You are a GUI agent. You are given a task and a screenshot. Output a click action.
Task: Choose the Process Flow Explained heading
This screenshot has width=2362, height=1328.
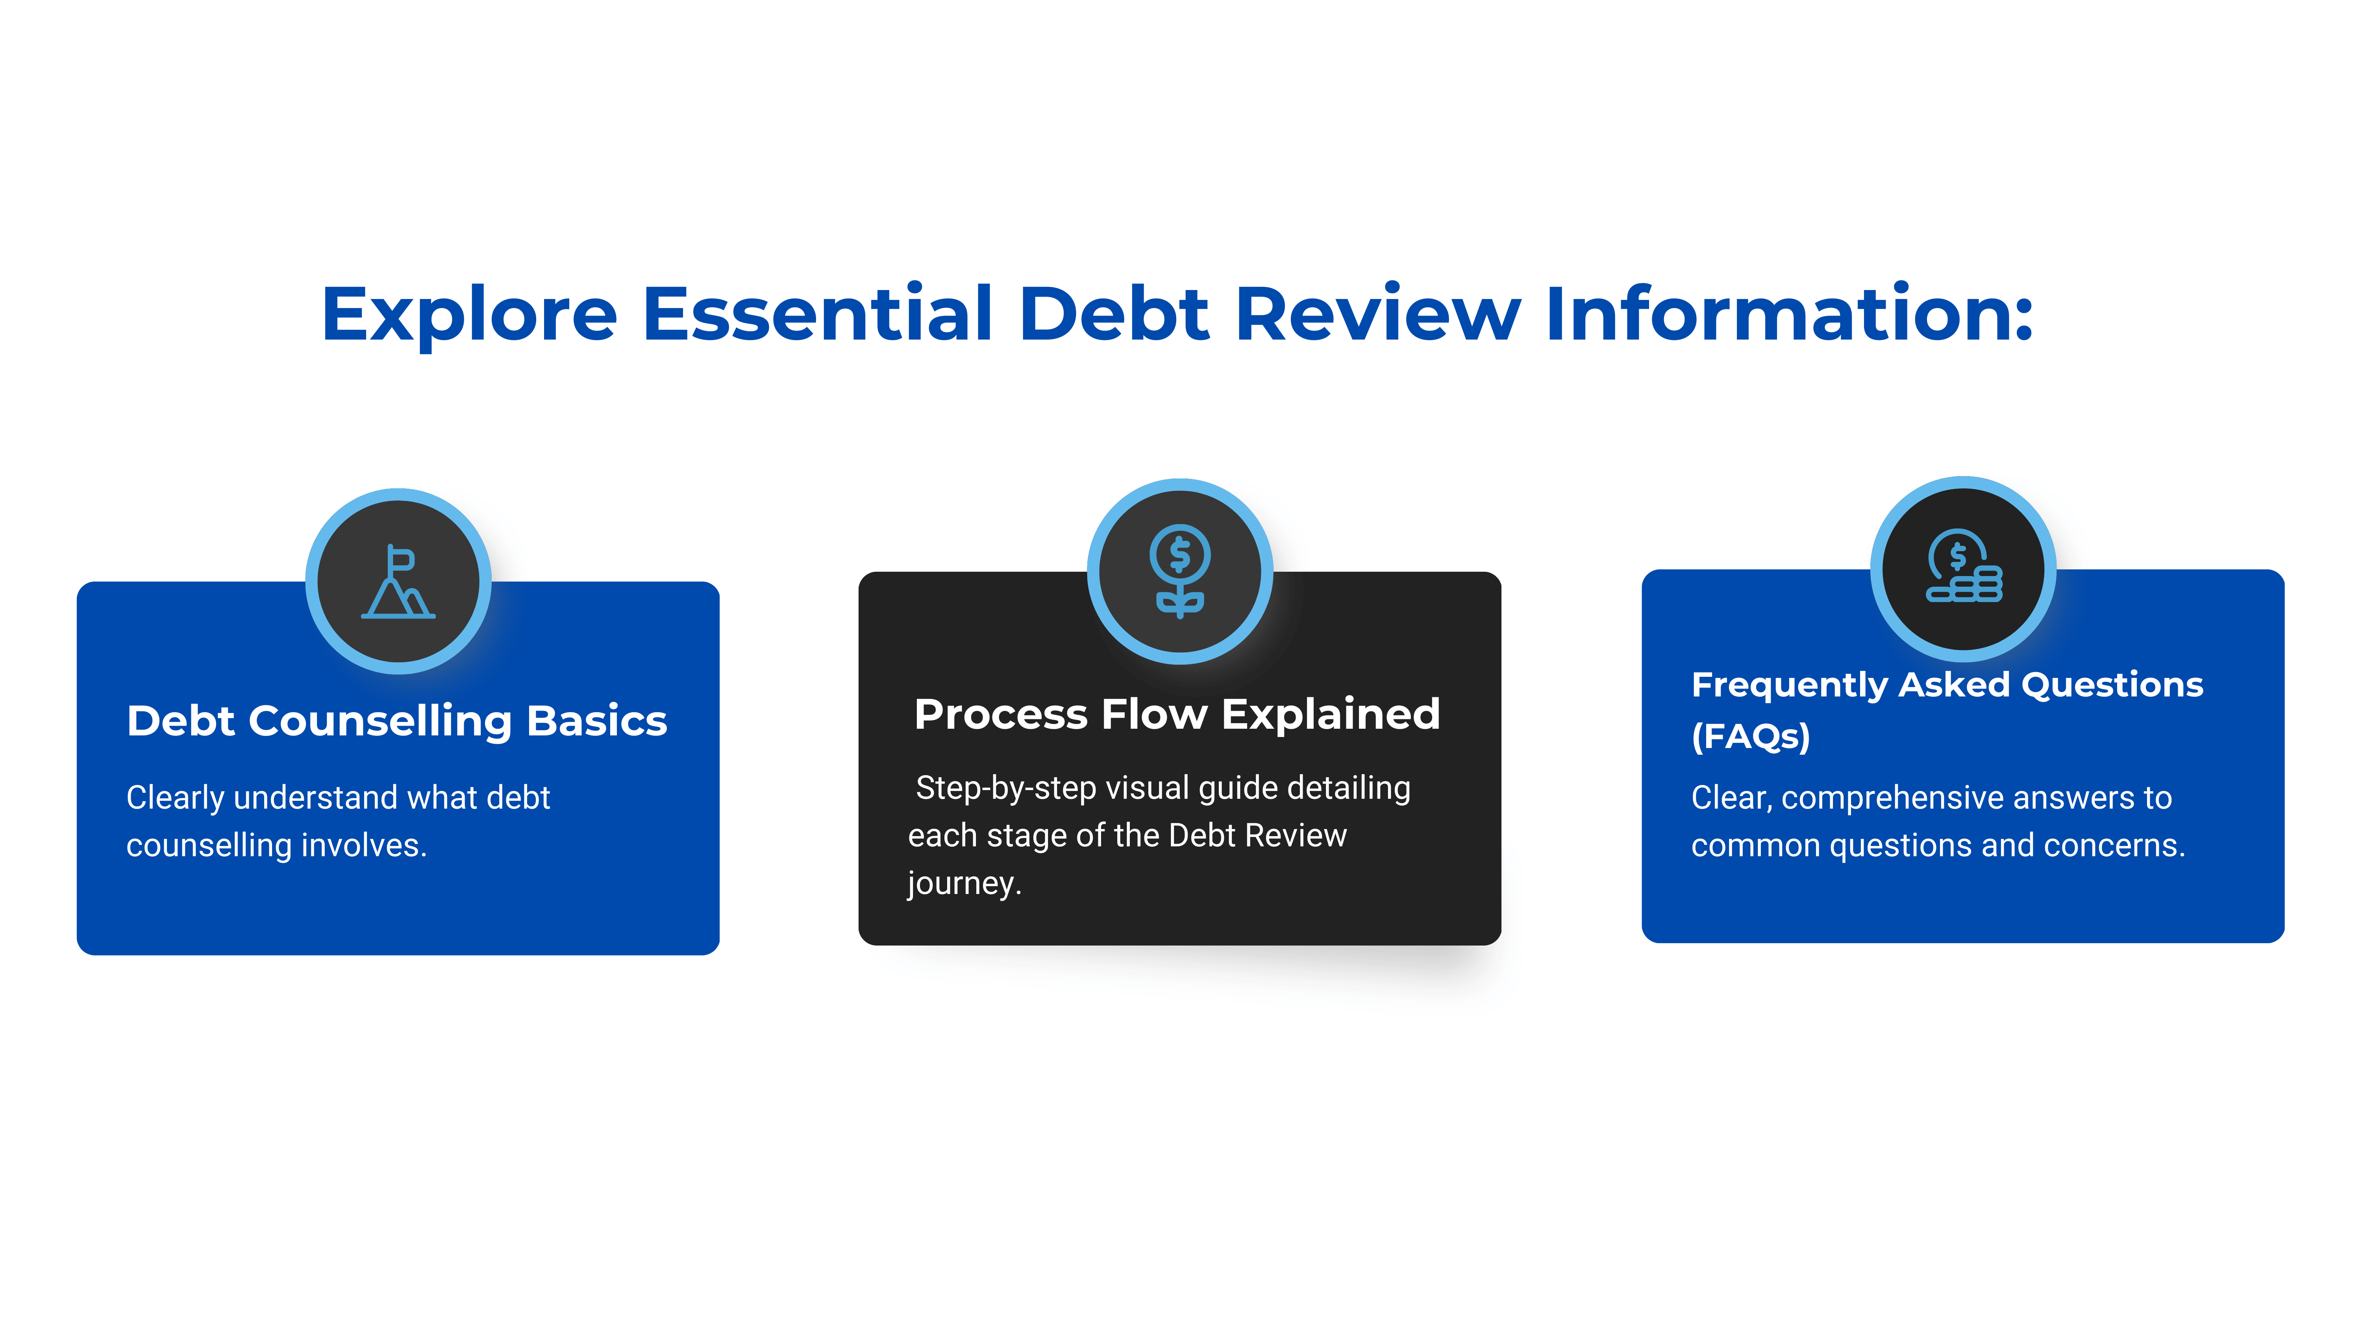point(1177,714)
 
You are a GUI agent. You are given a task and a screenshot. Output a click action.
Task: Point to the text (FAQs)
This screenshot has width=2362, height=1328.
point(1750,736)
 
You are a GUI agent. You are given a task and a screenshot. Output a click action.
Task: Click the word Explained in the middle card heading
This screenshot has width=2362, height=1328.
point(1331,714)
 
